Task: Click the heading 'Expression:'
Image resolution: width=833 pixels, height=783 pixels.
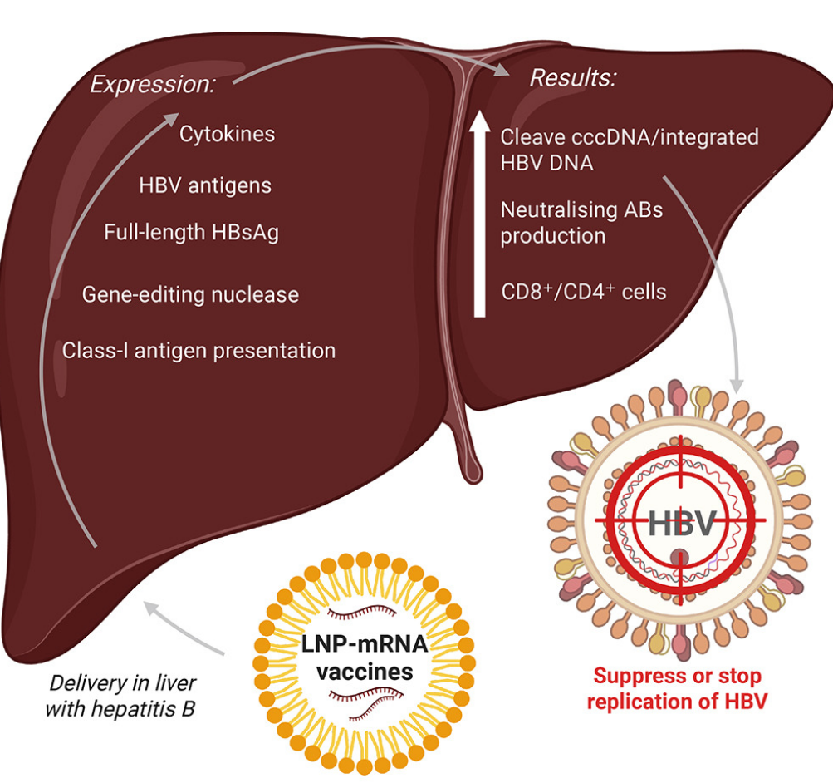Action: tap(152, 84)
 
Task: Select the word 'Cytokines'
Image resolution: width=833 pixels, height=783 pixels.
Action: tap(227, 134)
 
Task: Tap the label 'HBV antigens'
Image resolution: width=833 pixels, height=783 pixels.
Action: tap(205, 185)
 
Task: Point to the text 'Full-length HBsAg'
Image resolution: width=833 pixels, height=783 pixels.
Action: tap(191, 232)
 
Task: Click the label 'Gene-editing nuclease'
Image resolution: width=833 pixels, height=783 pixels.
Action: tap(190, 294)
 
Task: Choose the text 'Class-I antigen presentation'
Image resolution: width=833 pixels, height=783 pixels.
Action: tap(199, 350)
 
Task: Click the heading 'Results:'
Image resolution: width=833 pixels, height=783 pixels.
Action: tap(573, 79)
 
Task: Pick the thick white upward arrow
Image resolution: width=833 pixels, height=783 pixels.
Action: tap(479, 215)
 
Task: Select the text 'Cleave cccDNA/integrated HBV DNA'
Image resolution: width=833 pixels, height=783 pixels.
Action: tap(629, 149)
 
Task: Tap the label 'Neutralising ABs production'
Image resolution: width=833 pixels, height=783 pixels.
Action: tap(581, 222)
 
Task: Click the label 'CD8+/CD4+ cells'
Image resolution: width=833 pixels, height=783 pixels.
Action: tap(583, 292)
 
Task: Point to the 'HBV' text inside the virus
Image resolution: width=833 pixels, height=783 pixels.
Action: tap(681, 525)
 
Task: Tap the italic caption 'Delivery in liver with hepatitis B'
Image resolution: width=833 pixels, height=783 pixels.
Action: tap(121, 696)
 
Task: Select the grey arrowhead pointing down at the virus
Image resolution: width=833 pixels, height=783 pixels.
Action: tap(736, 385)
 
